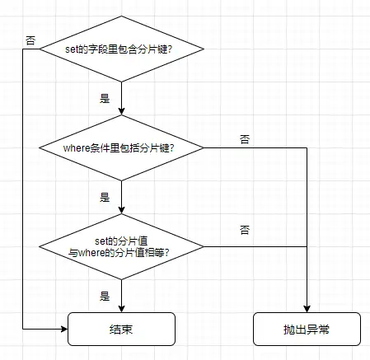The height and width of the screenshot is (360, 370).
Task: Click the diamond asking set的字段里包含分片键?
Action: [x=121, y=49]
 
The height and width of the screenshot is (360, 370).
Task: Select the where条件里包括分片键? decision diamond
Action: [x=121, y=148]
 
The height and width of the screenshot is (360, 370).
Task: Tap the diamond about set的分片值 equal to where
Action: [x=121, y=245]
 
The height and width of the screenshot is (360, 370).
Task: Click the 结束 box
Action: [x=121, y=329]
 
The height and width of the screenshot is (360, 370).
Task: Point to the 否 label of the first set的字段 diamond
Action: [x=30, y=39]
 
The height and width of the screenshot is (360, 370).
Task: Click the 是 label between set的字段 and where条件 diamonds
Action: [x=105, y=98]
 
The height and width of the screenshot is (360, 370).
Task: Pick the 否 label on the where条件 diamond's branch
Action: [x=245, y=140]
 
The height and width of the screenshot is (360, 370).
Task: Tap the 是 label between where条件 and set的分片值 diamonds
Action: [x=105, y=198]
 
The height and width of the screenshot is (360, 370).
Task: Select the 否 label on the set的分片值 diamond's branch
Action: [x=245, y=228]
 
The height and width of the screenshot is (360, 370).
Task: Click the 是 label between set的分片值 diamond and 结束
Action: [x=105, y=295]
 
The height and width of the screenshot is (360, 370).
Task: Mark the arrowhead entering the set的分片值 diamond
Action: [x=121, y=210]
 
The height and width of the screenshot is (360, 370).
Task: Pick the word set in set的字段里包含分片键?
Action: [x=72, y=49]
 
